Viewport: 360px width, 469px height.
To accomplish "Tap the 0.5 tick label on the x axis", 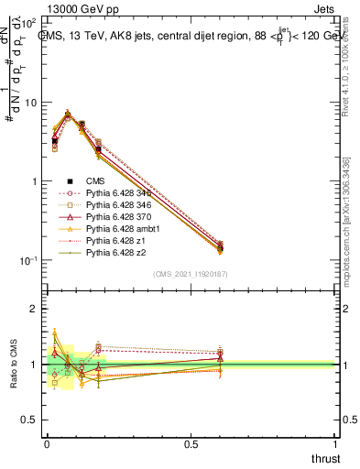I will pyautogui.click(x=191, y=443).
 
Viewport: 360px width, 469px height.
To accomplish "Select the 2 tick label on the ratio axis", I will pyautogui.click(x=35, y=310).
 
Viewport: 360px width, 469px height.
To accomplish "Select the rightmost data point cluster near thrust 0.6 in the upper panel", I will pyautogui.click(x=220, y=247).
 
